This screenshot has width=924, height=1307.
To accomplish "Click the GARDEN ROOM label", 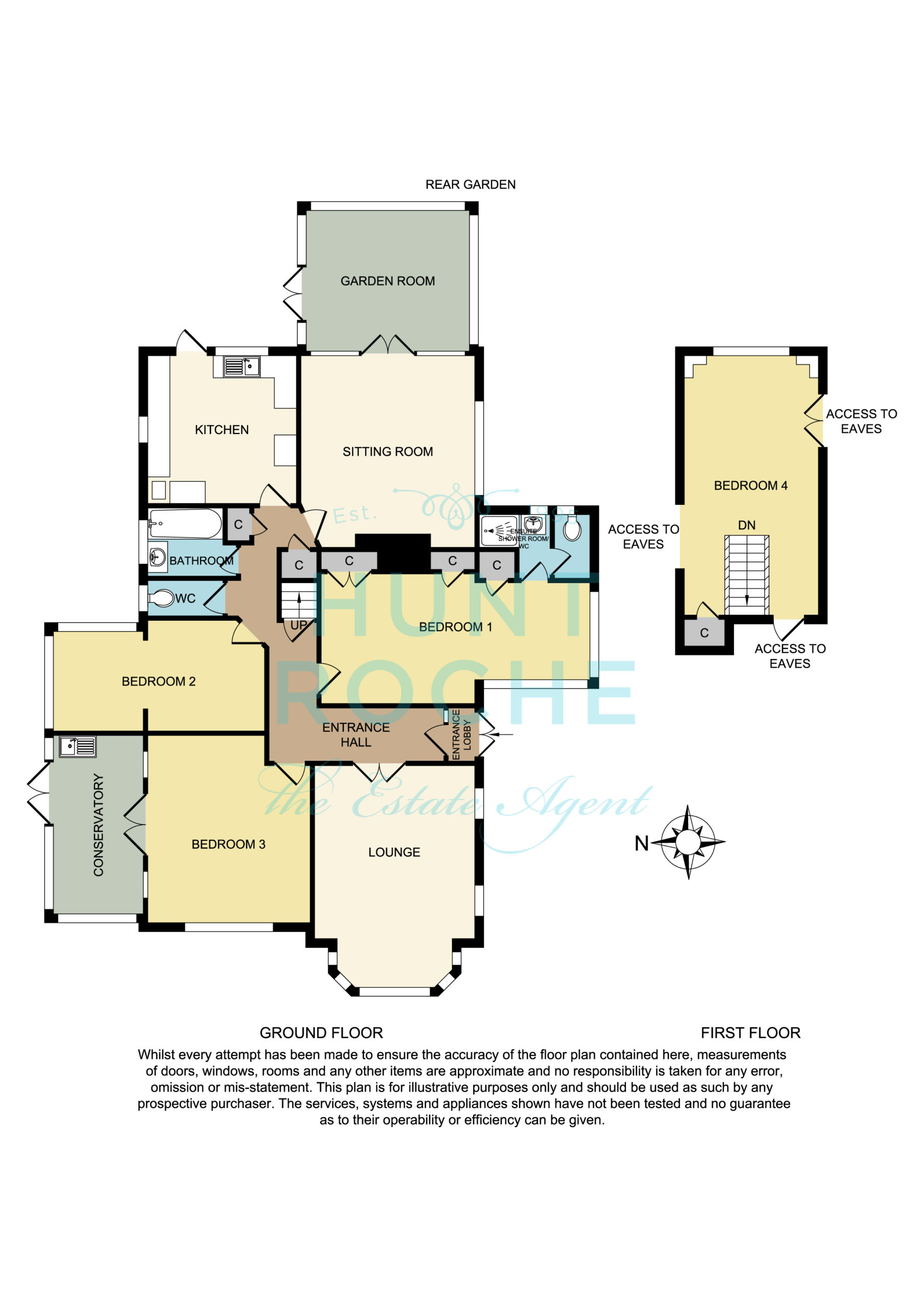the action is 387,281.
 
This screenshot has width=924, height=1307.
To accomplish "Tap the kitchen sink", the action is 241,366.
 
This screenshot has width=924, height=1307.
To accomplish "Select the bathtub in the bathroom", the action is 184,524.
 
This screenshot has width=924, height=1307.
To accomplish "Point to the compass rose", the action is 688,841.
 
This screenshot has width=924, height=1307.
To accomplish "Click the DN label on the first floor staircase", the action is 746,525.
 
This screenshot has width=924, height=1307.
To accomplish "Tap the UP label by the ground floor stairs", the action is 299,625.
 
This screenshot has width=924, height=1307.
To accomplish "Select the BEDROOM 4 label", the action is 750,486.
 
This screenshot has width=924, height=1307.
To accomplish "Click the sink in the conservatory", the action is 78,746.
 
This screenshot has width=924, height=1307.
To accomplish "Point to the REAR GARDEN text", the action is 470,184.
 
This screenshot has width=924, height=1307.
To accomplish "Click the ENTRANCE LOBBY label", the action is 461,734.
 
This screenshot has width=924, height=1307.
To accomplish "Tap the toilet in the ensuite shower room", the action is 572,528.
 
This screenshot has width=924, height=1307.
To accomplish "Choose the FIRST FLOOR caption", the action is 750,1033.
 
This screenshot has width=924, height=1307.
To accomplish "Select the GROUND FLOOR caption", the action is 321,1033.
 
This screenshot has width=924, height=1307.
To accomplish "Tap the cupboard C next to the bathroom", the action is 238,524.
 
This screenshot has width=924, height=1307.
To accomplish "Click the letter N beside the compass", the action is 642,843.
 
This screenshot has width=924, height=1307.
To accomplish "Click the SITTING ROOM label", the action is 387,452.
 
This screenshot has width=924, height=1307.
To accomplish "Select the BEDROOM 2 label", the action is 158,682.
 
